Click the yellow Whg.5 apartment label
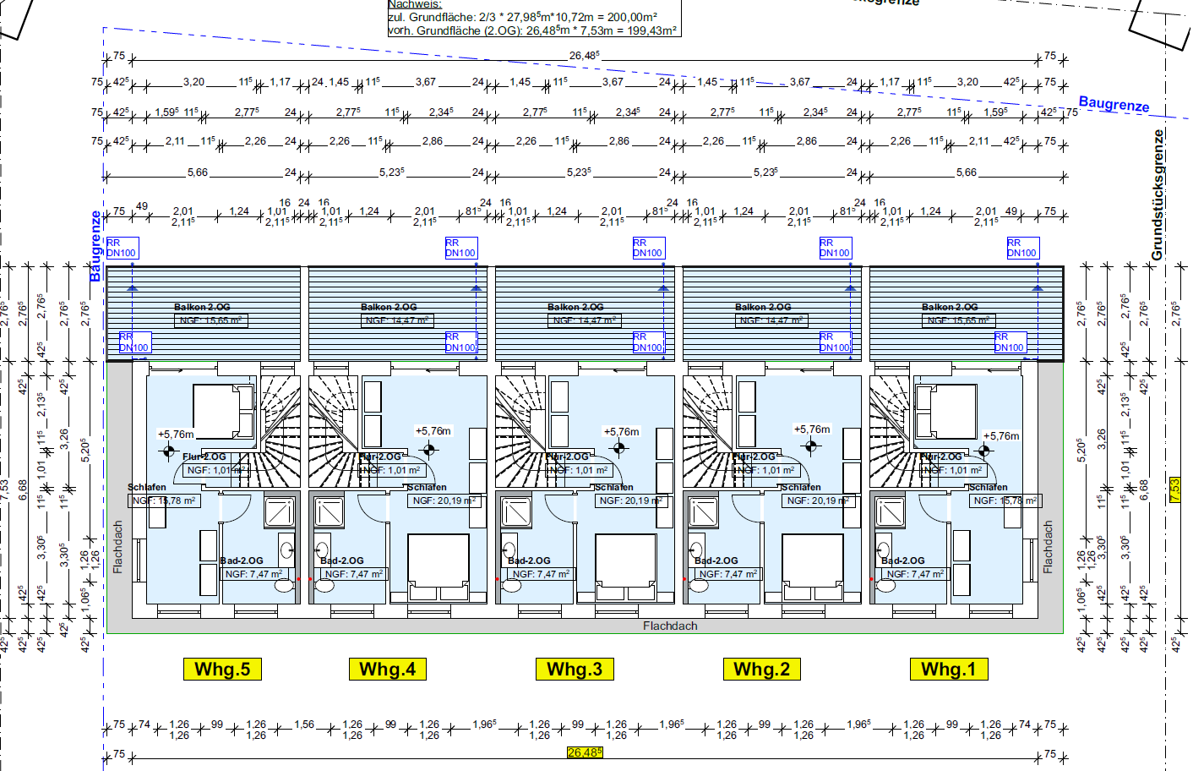pos(222,670)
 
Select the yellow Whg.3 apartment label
pos(575,670)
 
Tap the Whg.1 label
pos(948,670)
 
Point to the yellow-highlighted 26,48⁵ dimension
pos(585,752)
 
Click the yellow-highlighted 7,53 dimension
pos(1174,490)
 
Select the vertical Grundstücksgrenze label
pos(1158,194)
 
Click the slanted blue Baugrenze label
pos(1114,104)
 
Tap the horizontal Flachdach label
pos(670,626)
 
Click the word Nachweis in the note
pos(414,4)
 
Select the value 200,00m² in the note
pos(632,17)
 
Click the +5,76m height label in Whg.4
pos(433,431)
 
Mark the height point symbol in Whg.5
pos(169,451)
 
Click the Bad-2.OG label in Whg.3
pos(529,560)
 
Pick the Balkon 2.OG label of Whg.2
pos(763,307)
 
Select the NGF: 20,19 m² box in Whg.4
pos(444,500)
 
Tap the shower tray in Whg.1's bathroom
pos(890,511)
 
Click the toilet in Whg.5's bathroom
pos(285,583)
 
